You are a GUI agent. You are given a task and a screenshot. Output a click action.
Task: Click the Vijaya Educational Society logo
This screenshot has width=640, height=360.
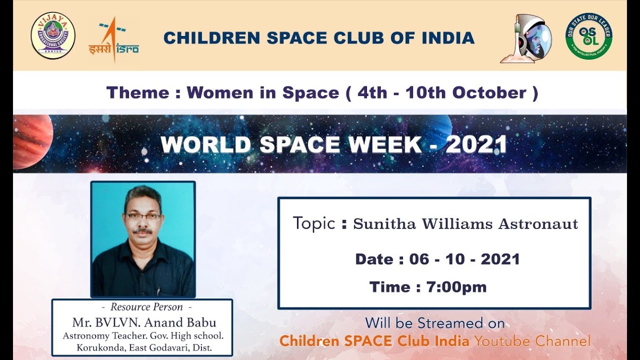tap(53, 36)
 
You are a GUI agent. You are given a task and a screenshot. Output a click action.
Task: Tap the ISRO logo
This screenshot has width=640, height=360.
tap(113, 40)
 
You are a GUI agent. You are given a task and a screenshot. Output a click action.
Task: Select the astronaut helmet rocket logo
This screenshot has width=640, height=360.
tap(526, 38)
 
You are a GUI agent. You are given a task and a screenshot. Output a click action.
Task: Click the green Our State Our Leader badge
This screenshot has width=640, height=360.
tap(588, 36)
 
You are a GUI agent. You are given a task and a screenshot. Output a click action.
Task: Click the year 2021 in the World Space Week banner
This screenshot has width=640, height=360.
tap(476, 144)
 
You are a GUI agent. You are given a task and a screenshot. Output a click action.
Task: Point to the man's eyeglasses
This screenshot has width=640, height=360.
tap(143, 216)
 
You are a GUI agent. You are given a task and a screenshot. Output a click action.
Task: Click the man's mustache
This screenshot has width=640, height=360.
tap(143, 231)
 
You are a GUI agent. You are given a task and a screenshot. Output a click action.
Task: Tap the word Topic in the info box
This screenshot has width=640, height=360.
tap(313, 223)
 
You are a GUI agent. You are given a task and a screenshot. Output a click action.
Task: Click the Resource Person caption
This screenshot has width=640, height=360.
tap(146, 307)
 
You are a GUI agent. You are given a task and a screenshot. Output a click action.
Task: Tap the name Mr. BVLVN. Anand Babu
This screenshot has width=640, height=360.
tap(144, 322)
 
